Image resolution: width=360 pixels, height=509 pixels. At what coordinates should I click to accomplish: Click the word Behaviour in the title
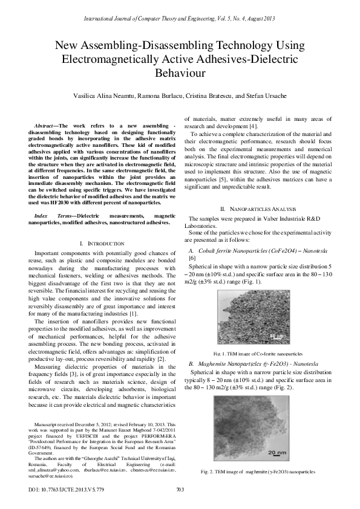tap(180, 73)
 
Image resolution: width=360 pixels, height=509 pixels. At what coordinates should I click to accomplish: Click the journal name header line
tap(180, 19)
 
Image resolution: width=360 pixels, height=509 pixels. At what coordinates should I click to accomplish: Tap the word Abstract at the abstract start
tap(46, 123)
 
